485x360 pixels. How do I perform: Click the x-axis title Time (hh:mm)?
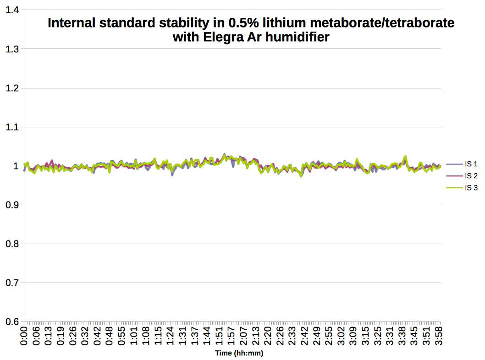pyautogui.click(x=239, y=354)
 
